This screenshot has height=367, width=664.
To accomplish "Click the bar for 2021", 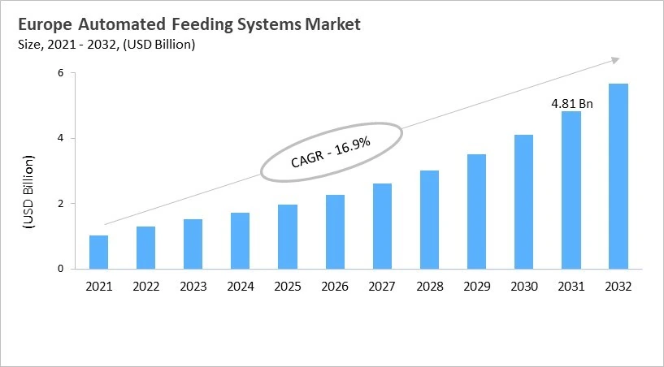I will coord(98,252).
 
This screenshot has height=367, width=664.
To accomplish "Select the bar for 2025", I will coord(287,236).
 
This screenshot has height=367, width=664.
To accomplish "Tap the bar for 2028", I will coord(429,219).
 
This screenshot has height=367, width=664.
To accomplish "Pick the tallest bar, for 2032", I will coord(618,176).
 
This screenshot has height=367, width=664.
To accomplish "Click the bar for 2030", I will coord(523,201).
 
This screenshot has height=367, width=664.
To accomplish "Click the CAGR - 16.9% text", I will coord(330,153).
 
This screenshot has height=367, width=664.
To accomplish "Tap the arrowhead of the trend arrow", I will coord(615,59).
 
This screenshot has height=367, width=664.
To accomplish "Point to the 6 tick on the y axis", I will coord(59,73).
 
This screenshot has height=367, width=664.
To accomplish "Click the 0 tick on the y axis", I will coord(59,269).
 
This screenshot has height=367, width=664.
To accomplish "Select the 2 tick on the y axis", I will coord(59,204).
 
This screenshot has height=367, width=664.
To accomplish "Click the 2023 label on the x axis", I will coord(193,286).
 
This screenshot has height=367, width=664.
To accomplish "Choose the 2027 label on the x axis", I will coord(382,286).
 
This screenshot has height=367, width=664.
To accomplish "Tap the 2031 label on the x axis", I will coord(571,286).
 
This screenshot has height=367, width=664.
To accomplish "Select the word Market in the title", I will coord(331,24).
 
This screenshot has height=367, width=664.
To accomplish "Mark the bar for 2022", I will coord(145,248).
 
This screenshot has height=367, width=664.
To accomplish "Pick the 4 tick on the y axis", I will coord(59,138).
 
